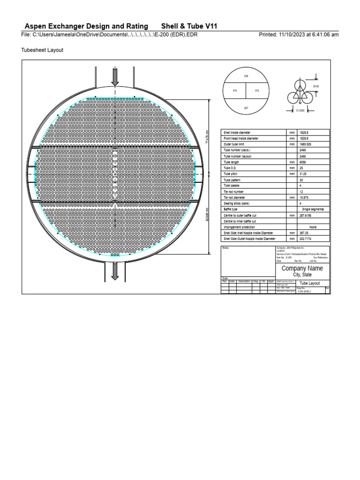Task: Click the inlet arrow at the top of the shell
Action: tap(115, 76)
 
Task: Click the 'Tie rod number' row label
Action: tap(233, 192)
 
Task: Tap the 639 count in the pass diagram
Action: tap(246, 76)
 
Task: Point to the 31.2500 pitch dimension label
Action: tap(300, 111)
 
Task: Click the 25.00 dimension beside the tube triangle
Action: tap(315, 86)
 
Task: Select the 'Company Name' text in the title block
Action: tap(302, 269)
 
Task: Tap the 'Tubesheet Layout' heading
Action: tap(43, 49)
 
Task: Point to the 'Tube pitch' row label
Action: tap(231, 174)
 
